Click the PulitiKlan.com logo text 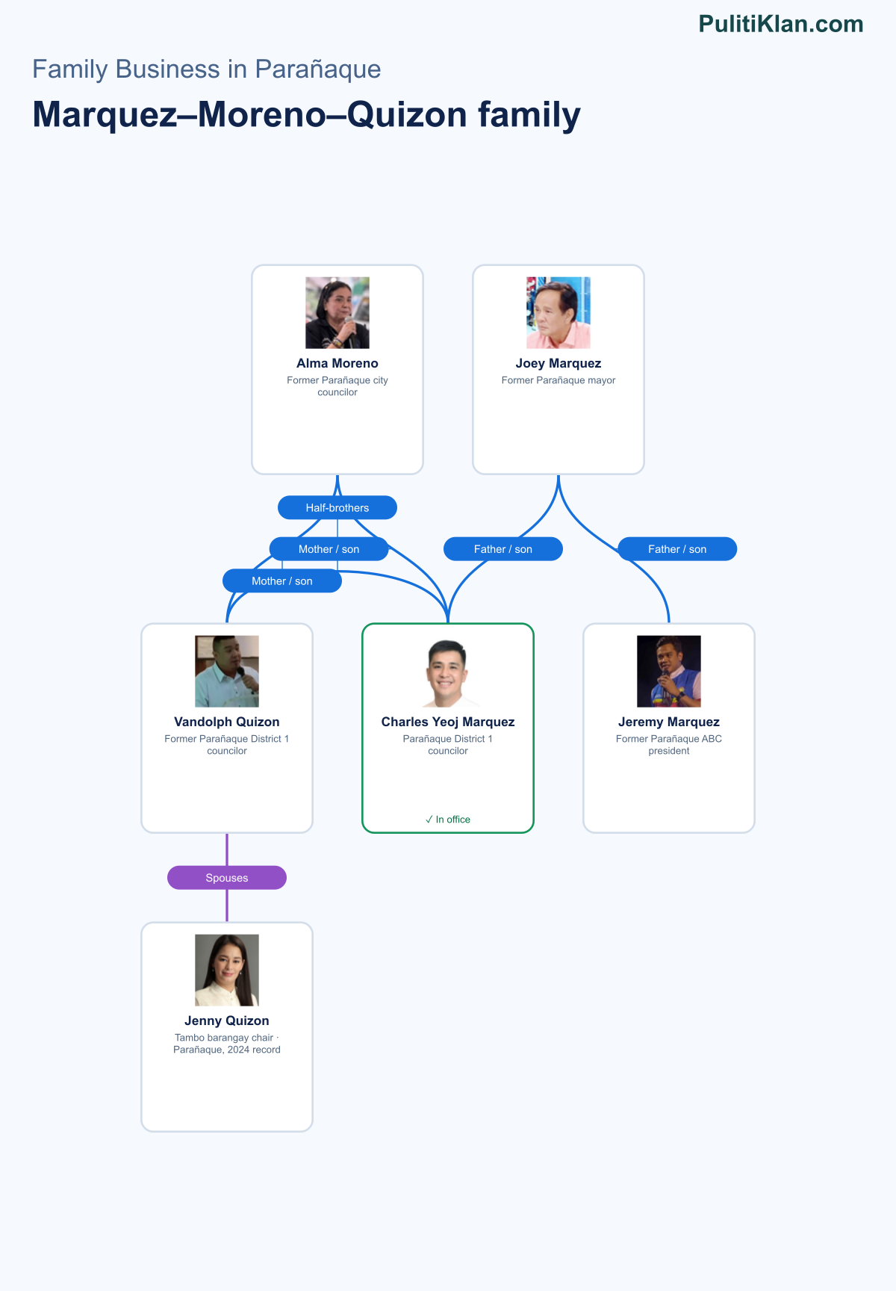click(781, 24)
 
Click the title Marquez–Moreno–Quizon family click(307, 115)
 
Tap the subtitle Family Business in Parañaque click(207, 69)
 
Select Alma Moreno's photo click(337, 313)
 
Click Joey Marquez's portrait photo click(559, 313)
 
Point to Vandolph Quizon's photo click(227, 672)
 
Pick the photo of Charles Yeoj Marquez click(448, 672)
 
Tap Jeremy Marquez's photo click(669, 672)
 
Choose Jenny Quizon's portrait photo click(227, 970)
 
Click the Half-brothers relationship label click(337, 508)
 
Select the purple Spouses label click(227, 878)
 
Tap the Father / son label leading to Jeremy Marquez click(677, 549)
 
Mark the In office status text click(448, 820)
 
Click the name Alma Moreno click(337, 364)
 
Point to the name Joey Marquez click(559, 364)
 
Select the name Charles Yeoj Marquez click(448, 722)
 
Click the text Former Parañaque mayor click(559, 380)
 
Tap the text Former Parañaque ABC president click(669, 745)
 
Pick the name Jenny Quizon click(227, 1021)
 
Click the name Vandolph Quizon click(227, 722)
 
